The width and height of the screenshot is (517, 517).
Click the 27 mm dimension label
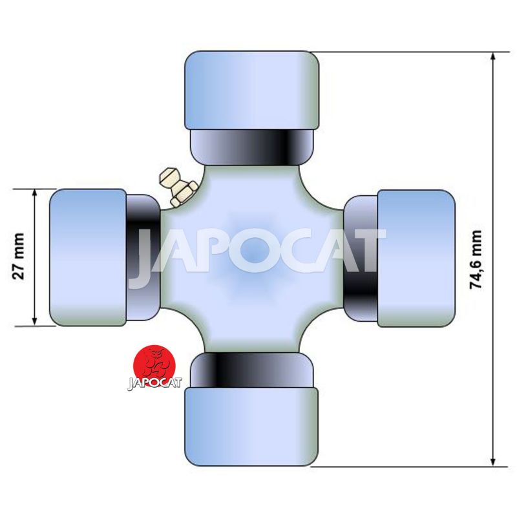tap(19, 256)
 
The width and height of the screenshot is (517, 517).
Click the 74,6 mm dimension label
tap(476, 260)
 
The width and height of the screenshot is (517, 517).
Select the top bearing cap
tap(252, 90)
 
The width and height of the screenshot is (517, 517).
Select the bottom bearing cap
tap(251, 427)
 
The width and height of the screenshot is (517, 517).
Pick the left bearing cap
tap(88, 257)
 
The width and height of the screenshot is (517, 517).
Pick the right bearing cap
tap(416, 258)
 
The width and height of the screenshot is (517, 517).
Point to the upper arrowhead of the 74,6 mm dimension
tap(493, 58)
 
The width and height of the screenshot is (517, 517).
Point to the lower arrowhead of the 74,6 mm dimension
tap(493, 461)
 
